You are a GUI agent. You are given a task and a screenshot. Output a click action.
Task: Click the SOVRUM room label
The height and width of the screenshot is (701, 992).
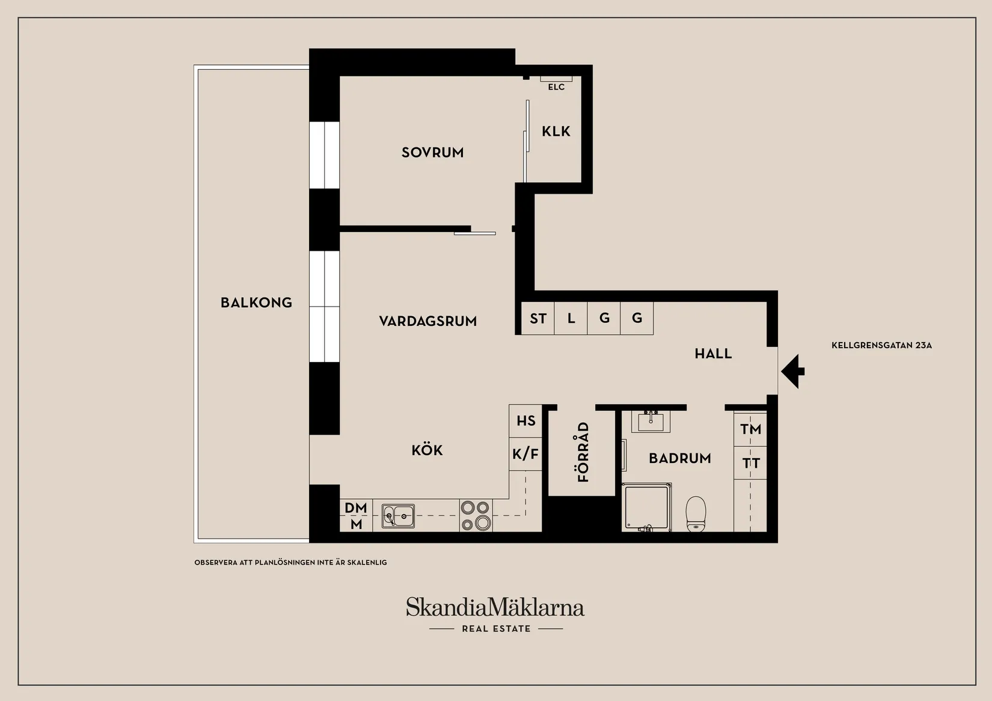432,153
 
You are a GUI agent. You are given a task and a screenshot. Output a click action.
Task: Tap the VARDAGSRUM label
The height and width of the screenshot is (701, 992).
427,321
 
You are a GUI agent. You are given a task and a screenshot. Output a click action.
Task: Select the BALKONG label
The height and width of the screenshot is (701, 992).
256,302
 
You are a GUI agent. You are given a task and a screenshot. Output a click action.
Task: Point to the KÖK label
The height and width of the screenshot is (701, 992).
427,450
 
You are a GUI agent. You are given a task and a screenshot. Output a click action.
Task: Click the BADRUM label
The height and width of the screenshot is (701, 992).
679,458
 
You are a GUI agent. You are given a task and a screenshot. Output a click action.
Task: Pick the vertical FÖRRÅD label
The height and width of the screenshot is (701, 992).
583,452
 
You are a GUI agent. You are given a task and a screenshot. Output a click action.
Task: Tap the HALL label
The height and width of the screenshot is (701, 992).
713,354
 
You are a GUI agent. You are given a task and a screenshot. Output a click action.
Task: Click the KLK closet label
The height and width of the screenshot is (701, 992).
556,132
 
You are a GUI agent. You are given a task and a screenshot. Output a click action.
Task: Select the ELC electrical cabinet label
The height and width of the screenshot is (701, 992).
556,87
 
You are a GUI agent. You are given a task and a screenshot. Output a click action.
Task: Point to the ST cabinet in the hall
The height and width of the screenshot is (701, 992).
537,318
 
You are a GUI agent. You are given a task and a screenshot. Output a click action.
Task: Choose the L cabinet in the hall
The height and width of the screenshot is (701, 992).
571,318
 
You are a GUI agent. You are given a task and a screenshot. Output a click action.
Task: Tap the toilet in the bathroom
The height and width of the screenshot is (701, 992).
696,513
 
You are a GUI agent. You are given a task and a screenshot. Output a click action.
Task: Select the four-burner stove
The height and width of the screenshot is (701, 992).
476,516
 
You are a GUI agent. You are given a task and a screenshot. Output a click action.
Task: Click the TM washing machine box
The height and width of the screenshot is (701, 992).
750,429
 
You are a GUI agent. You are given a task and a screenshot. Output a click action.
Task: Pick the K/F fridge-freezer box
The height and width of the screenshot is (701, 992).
525,454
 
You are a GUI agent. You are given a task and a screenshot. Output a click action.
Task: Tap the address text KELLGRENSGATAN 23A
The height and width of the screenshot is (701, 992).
881,346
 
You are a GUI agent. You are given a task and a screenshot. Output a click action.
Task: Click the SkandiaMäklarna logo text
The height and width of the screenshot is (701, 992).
495,607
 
